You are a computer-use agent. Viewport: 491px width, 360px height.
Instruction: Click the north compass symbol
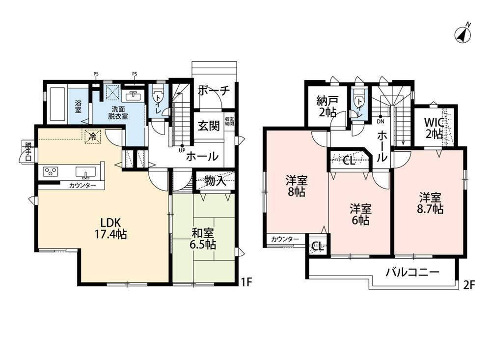point(464,33)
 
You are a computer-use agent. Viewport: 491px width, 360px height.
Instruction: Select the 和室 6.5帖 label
point(203,239)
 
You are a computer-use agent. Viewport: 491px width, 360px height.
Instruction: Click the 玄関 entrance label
point(209,126)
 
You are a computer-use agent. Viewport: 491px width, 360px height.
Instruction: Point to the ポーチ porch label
point(214,90)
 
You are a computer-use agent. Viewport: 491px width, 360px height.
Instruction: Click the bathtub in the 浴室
point(57,105)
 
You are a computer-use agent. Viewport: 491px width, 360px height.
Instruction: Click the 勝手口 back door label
point(28,152)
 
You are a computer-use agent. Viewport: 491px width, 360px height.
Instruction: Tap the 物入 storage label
point(216,181)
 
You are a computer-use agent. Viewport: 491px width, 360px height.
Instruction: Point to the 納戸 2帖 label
point(327,107)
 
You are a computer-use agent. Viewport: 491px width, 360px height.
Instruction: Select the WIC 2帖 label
point(434,128)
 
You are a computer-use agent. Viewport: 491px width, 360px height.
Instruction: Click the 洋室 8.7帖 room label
point(430,203)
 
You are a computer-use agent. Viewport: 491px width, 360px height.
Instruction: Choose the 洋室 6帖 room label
point(360,214)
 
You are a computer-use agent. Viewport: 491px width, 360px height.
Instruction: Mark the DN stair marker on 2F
point(381,119)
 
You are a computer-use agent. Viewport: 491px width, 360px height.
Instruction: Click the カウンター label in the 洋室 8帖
point(285,239)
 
